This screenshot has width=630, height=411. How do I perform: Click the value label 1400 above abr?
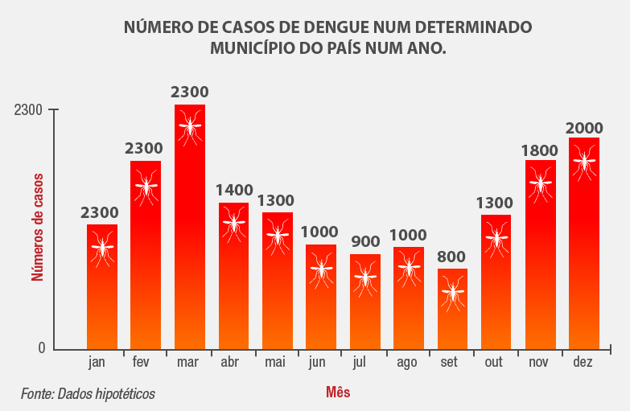234,191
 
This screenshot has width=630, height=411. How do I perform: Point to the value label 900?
365,241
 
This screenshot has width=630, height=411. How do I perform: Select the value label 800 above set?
451,257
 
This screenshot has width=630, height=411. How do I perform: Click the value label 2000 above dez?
584,128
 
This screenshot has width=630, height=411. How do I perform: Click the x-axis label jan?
97,363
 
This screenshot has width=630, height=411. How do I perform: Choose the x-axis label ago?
407,364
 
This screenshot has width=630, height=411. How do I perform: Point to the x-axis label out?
494,363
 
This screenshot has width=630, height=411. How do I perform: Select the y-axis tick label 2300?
28,110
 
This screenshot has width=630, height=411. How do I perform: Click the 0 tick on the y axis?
40,348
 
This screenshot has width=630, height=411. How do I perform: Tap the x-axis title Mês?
338,393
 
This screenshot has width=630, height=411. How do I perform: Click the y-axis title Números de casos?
37,230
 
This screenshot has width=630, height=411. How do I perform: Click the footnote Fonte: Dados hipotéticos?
88,394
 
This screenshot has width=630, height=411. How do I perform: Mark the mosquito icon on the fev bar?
146,186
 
